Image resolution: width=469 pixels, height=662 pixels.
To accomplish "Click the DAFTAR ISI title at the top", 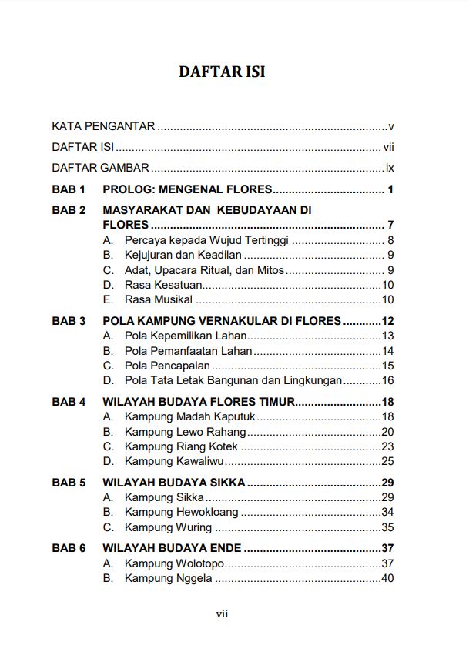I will point(222,72).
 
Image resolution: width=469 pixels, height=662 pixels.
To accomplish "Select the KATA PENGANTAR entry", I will point(103,126).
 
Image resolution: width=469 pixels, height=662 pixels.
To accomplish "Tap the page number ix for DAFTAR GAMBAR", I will point(390,168).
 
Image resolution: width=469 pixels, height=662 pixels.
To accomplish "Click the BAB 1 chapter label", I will point(69,190).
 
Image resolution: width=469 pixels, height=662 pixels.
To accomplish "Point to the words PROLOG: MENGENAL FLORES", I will point(187,190).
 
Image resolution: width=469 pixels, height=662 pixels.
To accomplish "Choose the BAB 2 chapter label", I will point(69,210).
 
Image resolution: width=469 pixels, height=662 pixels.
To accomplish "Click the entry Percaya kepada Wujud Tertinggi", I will point(206,240).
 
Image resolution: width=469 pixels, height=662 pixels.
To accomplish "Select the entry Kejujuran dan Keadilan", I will point(183,255).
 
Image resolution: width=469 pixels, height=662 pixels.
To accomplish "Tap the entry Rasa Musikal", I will point(159,299).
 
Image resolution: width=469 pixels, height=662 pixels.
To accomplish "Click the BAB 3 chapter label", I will point(69,321).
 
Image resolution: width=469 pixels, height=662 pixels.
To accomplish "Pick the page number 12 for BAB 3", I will point(387,321).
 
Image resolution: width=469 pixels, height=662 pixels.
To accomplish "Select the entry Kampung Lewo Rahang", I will point(186,432).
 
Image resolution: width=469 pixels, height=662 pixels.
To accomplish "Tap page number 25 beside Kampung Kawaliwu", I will point(387,461).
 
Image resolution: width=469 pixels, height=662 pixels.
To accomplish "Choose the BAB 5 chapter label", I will point(69,483).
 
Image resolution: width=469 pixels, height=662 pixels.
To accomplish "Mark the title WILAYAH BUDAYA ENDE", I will point(172,549).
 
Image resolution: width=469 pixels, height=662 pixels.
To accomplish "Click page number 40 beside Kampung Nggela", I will point(387,578).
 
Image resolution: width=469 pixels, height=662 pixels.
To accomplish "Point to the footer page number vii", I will point(222,614).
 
